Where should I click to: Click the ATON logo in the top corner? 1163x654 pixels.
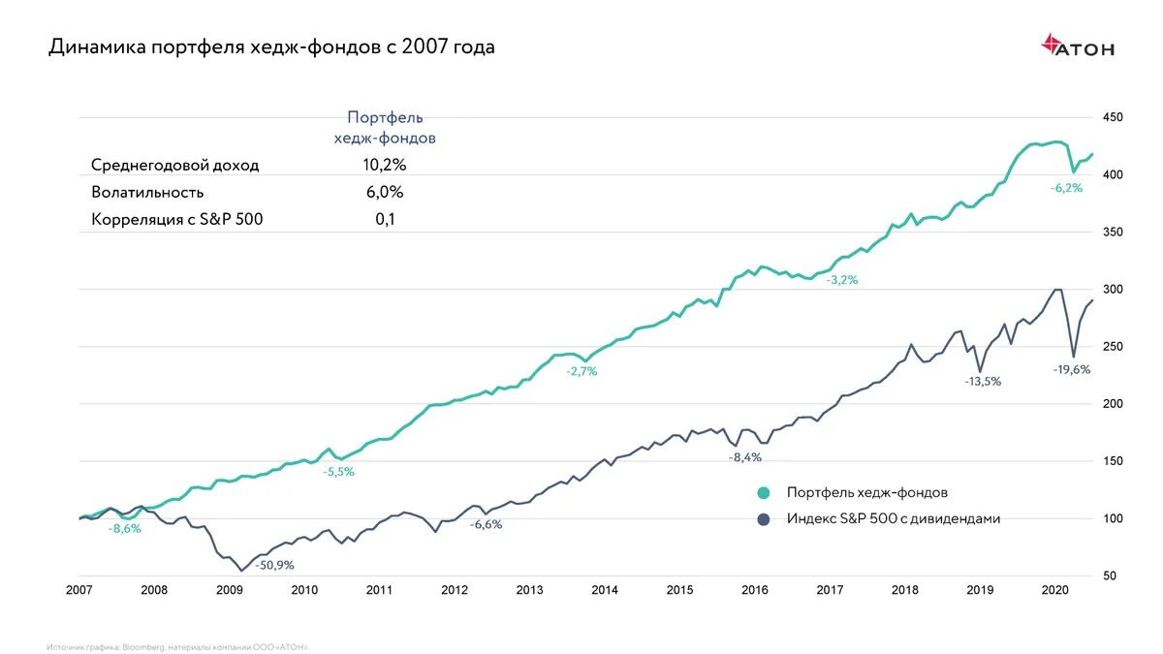(x=1077, y=46)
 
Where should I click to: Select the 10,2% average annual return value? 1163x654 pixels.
(x=384, y=166)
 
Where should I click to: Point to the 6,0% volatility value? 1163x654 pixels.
(x=384, y=193)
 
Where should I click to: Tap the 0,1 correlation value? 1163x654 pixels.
(x=385, y=220)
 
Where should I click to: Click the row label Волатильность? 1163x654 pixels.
(x=147, y=193)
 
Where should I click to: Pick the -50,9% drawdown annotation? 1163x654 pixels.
(x=274, y=565)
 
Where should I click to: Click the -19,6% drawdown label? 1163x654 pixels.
(x=1070, y=369)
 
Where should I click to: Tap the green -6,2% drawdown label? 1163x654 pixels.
(x=1066, y=188)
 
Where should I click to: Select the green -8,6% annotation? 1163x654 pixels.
(x=125, y=529)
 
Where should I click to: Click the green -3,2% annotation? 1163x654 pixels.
(x=842, y=280)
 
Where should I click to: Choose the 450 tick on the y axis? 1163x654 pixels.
(x=1113, y=117)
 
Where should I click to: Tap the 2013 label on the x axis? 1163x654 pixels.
(x=529, y=590)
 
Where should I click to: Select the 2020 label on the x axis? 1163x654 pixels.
(x=1054, y=590)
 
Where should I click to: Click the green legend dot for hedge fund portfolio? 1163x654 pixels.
(x=764, y=492)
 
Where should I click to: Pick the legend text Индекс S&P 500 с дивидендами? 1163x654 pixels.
(x=893, y=519)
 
